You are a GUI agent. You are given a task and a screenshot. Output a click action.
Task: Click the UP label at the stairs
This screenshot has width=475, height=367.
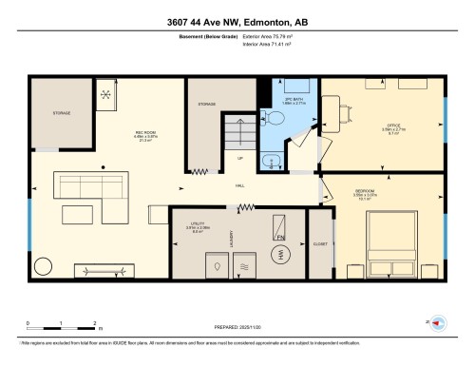240,158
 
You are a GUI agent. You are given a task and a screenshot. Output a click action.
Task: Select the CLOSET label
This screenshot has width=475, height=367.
320,245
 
